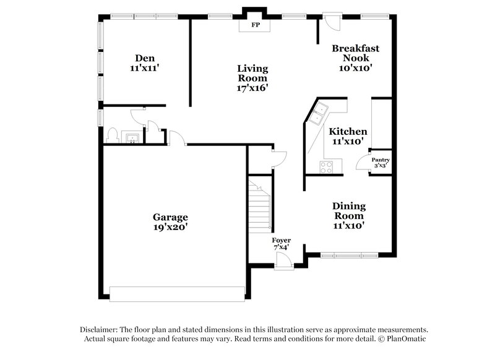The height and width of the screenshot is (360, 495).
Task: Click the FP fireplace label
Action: pos(254,26)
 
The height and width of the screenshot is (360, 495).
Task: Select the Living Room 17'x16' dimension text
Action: pos(252,88)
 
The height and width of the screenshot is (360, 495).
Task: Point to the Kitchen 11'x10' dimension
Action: pos(347,142)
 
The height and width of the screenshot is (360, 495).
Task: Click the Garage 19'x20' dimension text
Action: pos(170,228)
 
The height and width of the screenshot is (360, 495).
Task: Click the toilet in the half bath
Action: pos(113,135)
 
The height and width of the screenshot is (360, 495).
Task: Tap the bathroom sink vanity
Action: pos(131,138)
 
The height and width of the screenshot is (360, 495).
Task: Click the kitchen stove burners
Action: pos(326,166)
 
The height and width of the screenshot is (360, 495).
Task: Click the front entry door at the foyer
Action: pos(284,262)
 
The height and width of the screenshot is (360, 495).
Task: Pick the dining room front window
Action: pos(350,254)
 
